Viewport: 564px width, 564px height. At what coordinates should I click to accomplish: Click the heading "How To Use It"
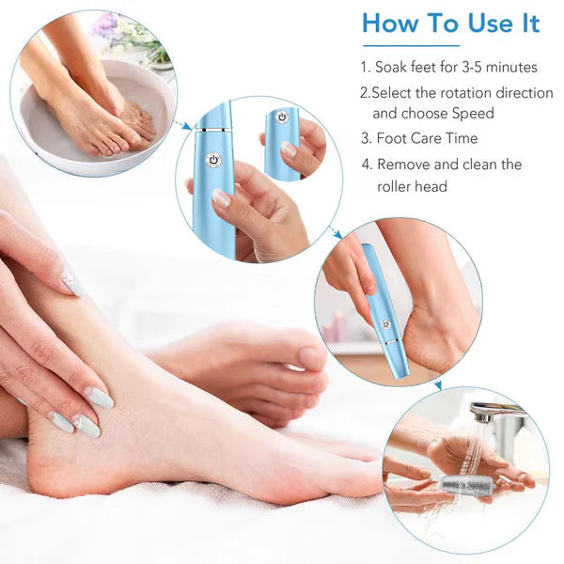click(450, 23)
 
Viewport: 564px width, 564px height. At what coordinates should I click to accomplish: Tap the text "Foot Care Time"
click(427, 138)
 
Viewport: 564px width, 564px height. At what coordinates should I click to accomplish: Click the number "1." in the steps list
click(366, 68)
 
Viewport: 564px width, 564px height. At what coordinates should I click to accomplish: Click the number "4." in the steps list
click(367, 164)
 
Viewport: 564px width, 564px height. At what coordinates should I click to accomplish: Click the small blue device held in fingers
click(281, 141)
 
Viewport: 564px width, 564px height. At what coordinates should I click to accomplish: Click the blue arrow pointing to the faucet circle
click(437, 384)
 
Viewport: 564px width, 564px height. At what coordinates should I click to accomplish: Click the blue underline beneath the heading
click(412, 45)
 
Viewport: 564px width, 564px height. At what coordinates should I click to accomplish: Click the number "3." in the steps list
click(367, 138)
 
